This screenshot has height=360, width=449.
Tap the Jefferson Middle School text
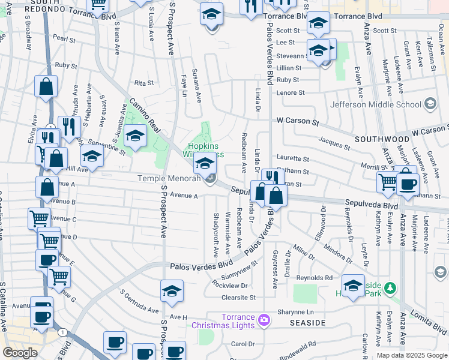coord(375,104)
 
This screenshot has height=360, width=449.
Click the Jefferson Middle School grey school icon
coord(429,104)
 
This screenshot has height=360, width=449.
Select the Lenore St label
coord(291,93)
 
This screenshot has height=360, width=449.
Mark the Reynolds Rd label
coord(315,278)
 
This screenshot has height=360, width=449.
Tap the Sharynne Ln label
coord(295,312)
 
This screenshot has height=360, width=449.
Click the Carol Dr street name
coord(243,344)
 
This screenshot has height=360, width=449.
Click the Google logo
coord(20,353)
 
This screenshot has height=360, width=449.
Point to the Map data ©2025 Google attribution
coord(412,355)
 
